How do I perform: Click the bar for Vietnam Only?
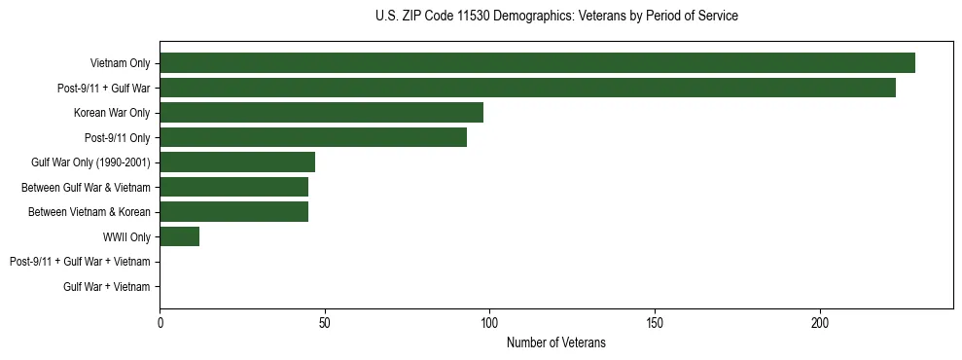point(537,63)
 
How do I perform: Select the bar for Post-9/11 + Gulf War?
point(527,88)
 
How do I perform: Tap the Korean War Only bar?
point(321,113)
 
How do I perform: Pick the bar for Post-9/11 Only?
point(313,137)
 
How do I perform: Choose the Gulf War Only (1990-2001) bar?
point(237,162)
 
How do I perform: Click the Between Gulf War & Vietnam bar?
point(233,187)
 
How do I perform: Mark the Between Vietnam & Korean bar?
point(233,212)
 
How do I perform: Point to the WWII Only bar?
point(179,236)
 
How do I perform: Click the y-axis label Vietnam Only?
point(120,63)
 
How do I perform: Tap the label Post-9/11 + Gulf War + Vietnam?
point(80,262)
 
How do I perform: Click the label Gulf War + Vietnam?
point(107,286)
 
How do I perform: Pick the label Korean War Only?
point(112,113)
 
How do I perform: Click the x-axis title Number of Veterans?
point(555,342)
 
